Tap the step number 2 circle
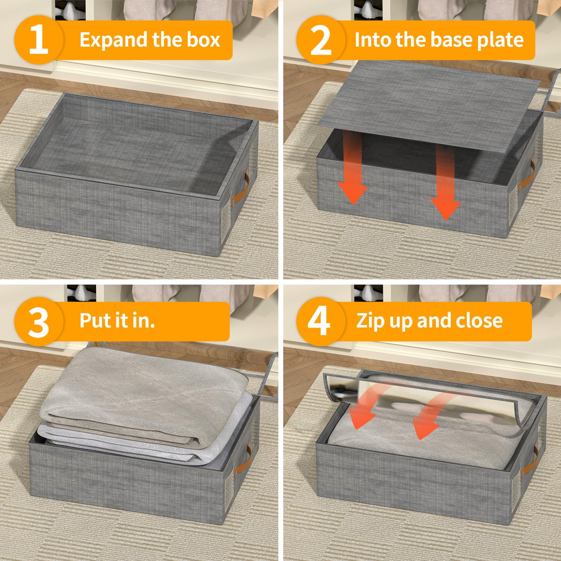[321, 40]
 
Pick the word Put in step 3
[92, 320]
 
